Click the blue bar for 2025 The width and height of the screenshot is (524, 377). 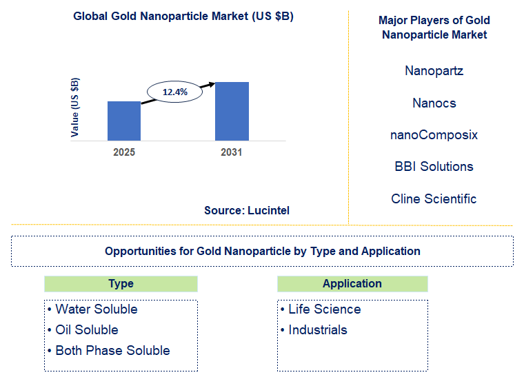pyautogui.click(x=124, y=121)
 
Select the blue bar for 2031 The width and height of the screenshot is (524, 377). pyautogui.click(x=232, y=112)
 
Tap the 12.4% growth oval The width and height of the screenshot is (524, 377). pyautogui.click(x=175, y=91)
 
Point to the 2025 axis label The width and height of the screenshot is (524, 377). pyautogui.click(x=124, y=152)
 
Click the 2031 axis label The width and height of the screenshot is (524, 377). pyautogui.click(x=232, y=152)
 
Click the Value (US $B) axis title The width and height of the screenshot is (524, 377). pyautogui.click(x=75, y=108)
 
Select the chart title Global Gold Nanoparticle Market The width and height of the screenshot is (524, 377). pyautogui.click(x=183, y=17)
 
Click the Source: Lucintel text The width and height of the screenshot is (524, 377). pyautogui.click(x=246, y=211)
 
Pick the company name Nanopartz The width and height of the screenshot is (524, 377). pyautogui.click(x=434, y=71)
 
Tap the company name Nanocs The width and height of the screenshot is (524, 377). pyautogui.click(x=434, y=103)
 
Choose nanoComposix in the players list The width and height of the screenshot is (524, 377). pyautogui.click(x=434, y=135)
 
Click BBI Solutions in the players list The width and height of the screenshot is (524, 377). pyautogui.click(x=434, y=167)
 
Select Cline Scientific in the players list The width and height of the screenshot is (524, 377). pyautogui.click(x=434, y=199)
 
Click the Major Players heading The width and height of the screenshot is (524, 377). pyautogui.click(x=434, y=28)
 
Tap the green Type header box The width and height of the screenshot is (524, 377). pyautogui.click(x=121, y=284)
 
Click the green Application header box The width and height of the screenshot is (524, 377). pyautogui.click(x=352, y=284)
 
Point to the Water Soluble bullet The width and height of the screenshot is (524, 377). pyautogui.click(x=92, y=309)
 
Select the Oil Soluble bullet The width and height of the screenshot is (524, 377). pyautogui.click(x=83, y=330)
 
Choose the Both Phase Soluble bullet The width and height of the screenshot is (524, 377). pyautogui.click(x=108, y=351)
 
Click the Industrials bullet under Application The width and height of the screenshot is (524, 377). pyautogui.click(x=314, y=330)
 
